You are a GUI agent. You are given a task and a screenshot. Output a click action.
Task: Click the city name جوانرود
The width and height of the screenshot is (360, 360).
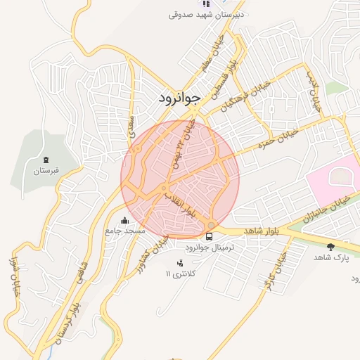[x=176, y=98]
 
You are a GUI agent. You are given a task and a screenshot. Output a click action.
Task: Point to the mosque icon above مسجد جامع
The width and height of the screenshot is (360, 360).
[x=125, y=219]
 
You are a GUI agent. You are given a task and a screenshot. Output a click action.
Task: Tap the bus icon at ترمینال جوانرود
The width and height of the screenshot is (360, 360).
[x=210, y=236]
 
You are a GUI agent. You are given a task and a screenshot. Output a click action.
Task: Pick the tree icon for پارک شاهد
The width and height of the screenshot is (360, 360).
[x=330, y=247]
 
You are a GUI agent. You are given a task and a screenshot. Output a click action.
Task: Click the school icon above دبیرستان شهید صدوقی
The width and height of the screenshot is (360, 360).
[x=205, y=4]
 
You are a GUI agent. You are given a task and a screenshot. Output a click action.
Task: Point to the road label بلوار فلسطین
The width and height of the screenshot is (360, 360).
[x=230, y=73]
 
